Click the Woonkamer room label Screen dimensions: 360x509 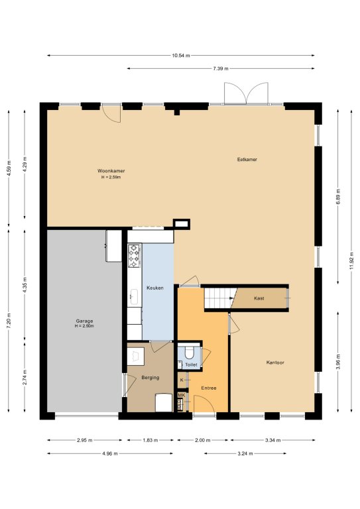tap(111, 171)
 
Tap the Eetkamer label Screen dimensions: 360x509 tap(247, 159)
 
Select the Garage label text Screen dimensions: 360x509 tap(84, 321)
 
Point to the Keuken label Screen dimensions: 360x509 tap(155, 288)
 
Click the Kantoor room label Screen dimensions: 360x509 tap(275, 363)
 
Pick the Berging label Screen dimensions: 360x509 tap(150, 378)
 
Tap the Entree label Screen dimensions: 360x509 tap(208, 388)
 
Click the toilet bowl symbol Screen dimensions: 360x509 tap(189, 353)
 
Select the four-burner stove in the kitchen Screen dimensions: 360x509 tap(134, 256)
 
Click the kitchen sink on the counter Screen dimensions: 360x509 tap(134, 297)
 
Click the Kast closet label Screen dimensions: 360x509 tap(259, 298)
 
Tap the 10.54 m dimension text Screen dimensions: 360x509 tap(181, 56)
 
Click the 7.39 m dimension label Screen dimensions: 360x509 tap(221, 68)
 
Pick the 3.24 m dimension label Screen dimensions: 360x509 tap(245, 453)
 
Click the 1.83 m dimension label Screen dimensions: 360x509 tap(150, 440)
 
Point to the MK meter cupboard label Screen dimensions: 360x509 tap(181, 395)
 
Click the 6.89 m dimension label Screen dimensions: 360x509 tap(338, 196)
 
